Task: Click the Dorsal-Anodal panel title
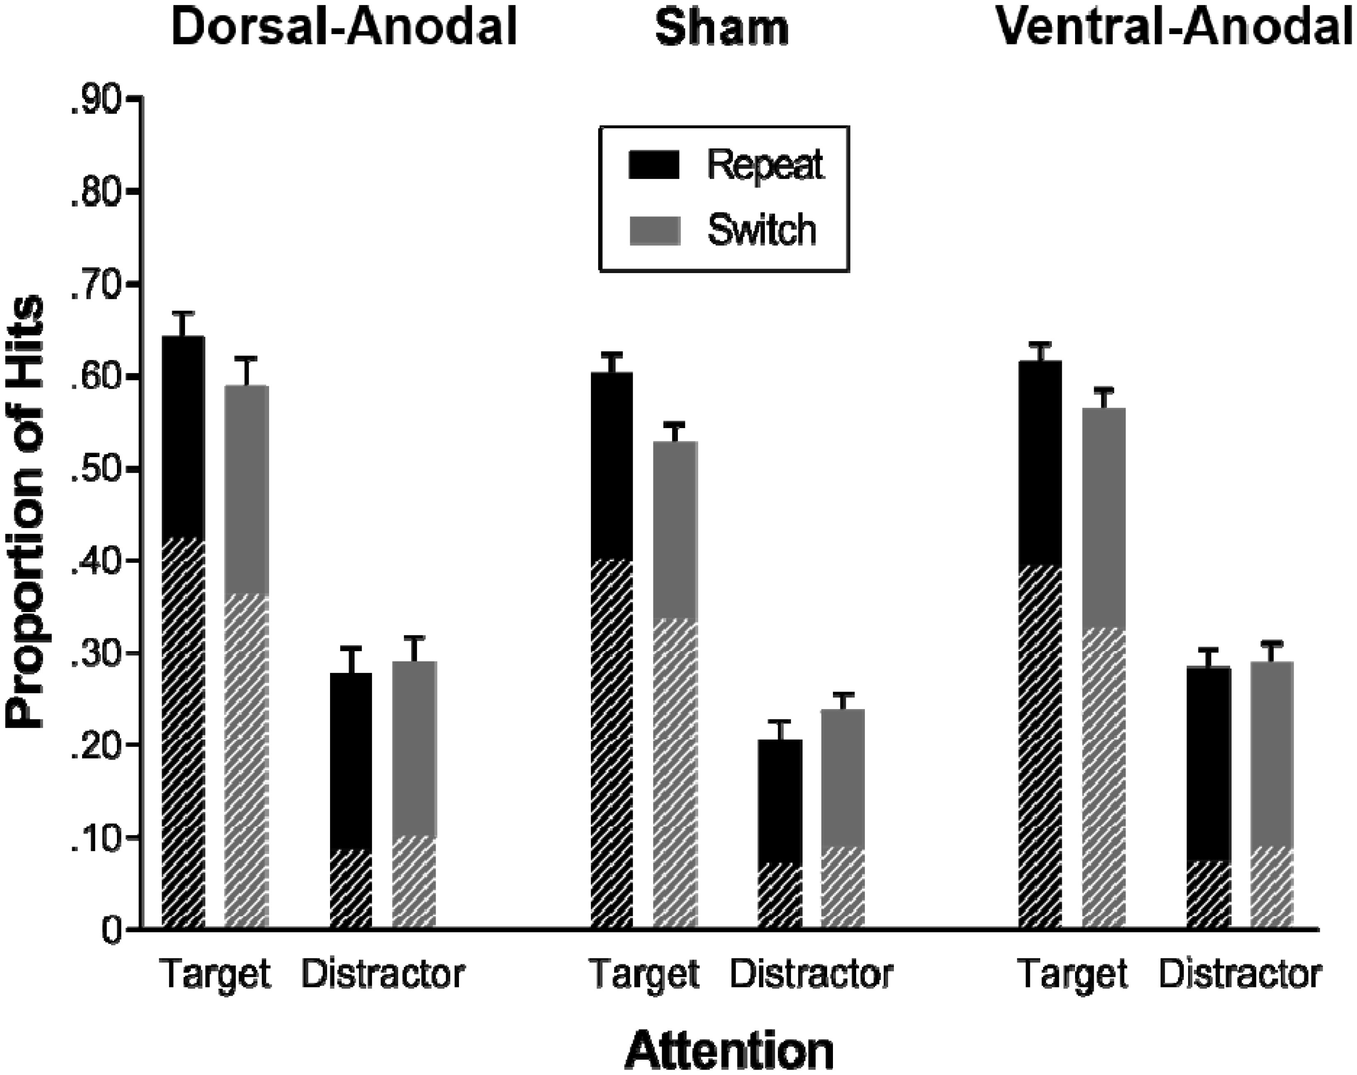click(344, 28)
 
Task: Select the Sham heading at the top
click(721, 28)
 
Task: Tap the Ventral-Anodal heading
click(1175, 28)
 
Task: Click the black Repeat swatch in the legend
click(654, 165)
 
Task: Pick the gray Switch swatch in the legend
click(655, 230)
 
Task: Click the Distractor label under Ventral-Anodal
click(1240, 974)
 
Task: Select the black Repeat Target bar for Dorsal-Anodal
click(183, 629)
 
